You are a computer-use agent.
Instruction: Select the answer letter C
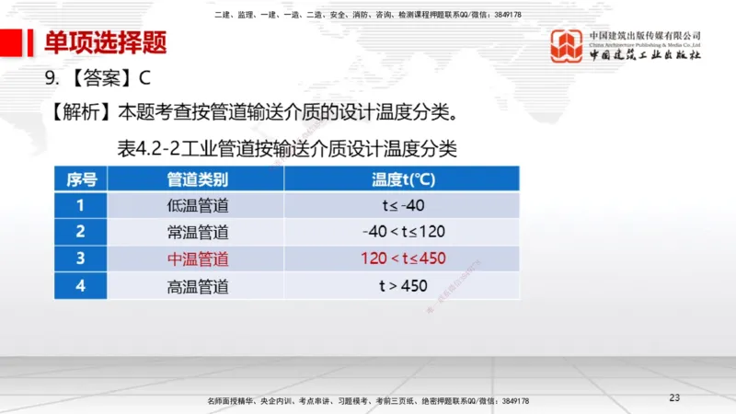pyautogui.click(x=144, y=79)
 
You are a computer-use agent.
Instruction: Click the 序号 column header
pyautogui.click(x=81, y=178)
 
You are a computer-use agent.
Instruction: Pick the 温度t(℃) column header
pyautogui.click(x=403, y=178)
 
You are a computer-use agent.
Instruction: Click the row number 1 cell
pyautogui.click(x=81, y=205)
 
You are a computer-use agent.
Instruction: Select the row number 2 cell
pyautogui.click(x=81, y=232)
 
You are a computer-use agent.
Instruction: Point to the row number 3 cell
pyautogui.click(x=81, y=259)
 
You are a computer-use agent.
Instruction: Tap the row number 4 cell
pyautogui.click(x=81, y=285)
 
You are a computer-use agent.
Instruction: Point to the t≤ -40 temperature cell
pyautogui.click(x=403, y=205)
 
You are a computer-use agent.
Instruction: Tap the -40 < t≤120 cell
pyautogui.click(x=403, y=232)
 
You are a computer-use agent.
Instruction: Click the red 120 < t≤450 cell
pyautogui.click(x=403, y=259)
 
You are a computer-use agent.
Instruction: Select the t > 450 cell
pyautogui.click(x=403, y=285)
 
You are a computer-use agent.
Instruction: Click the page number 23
pyautogui.click(x=673, y=397)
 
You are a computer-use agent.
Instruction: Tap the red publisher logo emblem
pyautogui.click(x=567, y=46)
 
